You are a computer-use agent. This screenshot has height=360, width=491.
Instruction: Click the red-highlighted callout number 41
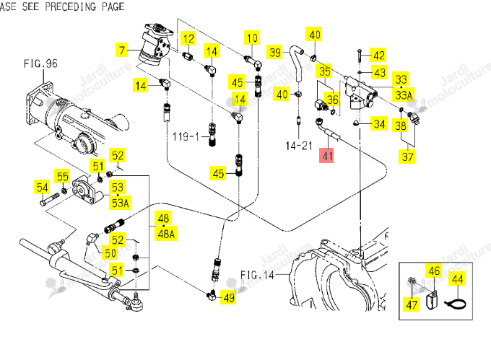click(x=326, y=156)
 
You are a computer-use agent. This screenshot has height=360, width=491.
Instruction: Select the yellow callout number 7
click(x=121, y=50)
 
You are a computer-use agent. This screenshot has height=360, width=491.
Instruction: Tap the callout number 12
click(x=188, y=39)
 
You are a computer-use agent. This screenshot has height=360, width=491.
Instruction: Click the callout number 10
click(x=252, y=38)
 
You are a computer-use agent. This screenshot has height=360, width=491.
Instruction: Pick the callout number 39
click(x=275, y=52)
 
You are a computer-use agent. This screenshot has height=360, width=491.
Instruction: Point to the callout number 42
click(x=378, y=56)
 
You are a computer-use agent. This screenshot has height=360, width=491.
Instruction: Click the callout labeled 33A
click(x=404, y=95)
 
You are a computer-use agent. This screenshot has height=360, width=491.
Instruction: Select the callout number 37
click(x=407, y=156)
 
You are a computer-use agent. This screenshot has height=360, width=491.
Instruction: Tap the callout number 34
click(x=379, y=123)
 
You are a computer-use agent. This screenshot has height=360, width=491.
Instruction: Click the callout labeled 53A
click(x=121, y=203)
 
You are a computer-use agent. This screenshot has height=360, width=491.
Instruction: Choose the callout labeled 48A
click(x=166, y=233)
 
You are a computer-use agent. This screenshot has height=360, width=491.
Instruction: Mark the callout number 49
click(x=229, y=297)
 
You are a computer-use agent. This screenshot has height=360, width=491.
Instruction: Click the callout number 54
click(x=42, y=188)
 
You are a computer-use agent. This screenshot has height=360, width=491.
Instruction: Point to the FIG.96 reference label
click(x=40, y=63)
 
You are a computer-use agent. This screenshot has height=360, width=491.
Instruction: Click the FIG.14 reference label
click(x=257, y=275)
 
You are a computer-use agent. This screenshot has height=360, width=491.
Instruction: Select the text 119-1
click(x=186, y=136)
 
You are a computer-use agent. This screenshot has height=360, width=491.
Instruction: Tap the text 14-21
click(x=299, y=146)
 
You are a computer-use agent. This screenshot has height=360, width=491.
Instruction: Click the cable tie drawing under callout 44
click(x=456, y=304)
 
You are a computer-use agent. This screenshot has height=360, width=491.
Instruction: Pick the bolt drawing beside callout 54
click(x=50, y=199)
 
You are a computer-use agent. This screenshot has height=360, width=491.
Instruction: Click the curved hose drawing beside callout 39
click(x=295, y=63)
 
